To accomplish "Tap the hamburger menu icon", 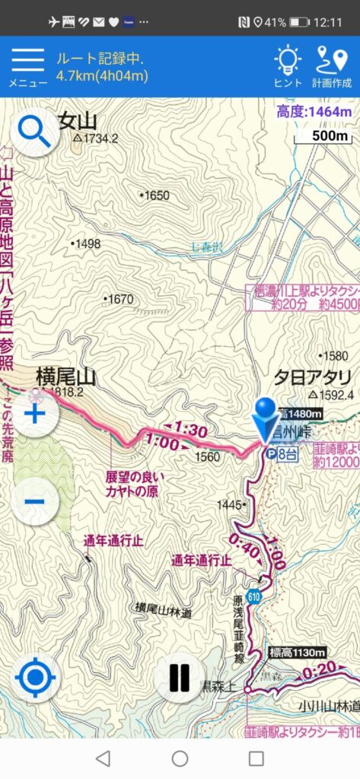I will pos(27,60).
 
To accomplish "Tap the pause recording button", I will pos(180,677).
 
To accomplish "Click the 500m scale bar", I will pos(323,136).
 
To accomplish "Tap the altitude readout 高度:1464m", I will pos(314,113).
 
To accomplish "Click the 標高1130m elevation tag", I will pos(298,653).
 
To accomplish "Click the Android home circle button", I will pos(180,758).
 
